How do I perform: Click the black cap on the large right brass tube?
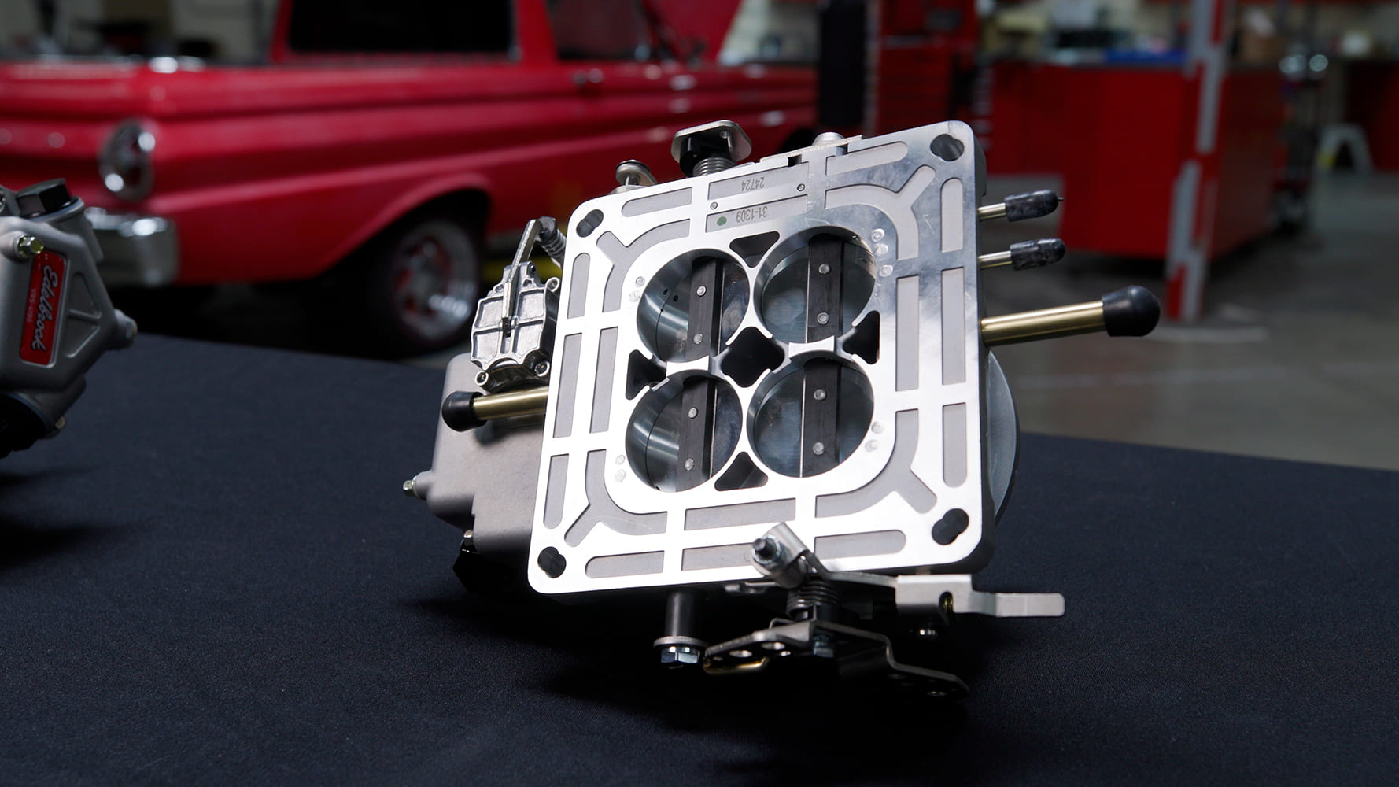coord(1130,310)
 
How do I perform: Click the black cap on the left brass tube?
coord(459,409)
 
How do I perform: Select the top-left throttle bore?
coord(692,303)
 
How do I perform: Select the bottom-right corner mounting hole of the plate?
coord(951,523)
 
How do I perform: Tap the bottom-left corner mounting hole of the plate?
coord(552,560)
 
